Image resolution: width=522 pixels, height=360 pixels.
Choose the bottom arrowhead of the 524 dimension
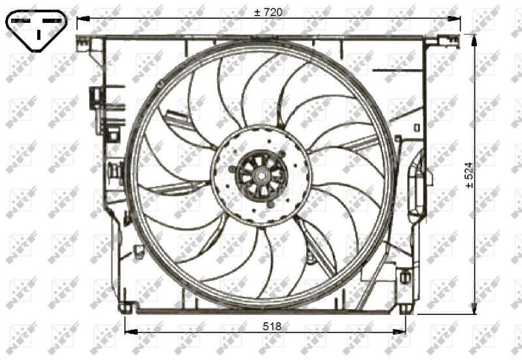point(474,308)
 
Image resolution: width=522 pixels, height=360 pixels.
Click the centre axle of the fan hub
point(261,175)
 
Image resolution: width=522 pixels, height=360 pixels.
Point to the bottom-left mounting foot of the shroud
point(126,307)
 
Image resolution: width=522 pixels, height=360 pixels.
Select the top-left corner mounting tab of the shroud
point(84,43)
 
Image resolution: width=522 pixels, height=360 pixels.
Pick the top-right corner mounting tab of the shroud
point(432,40)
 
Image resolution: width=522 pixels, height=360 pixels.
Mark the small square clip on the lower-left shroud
point(138,250)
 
